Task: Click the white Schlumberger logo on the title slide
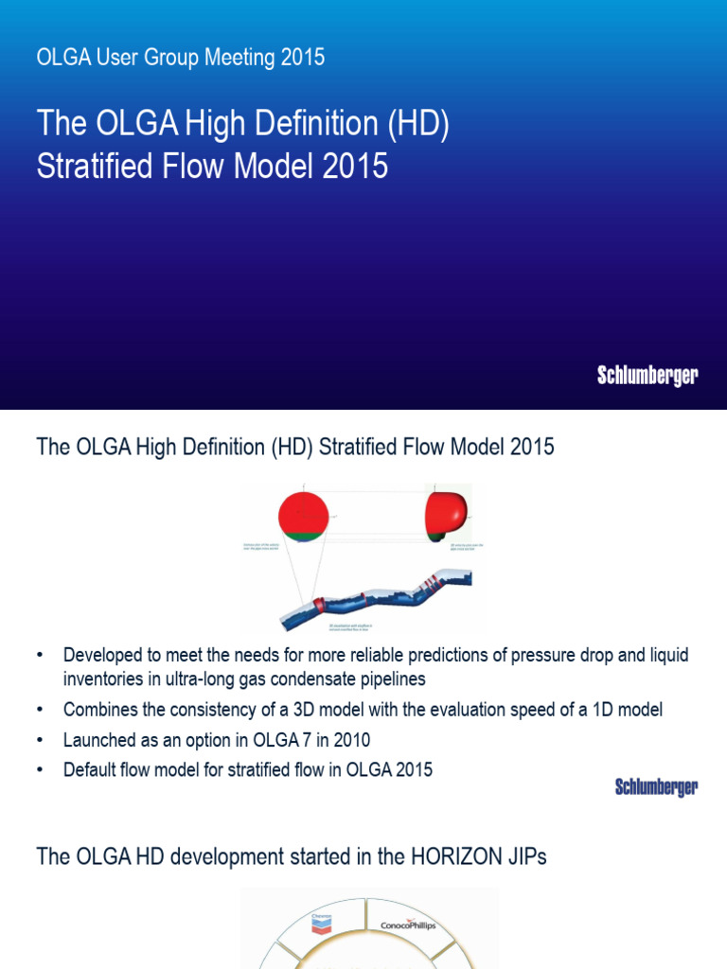tap(647, 376)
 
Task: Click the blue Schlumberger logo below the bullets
tap(656, 786)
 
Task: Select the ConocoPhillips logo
tap(408, 925)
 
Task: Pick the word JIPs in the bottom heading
tap(521, 857)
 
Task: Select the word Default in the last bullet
tap(92, 769)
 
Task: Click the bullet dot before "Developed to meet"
tap(40, 655)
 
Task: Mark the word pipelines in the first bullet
tap(385, 678)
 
